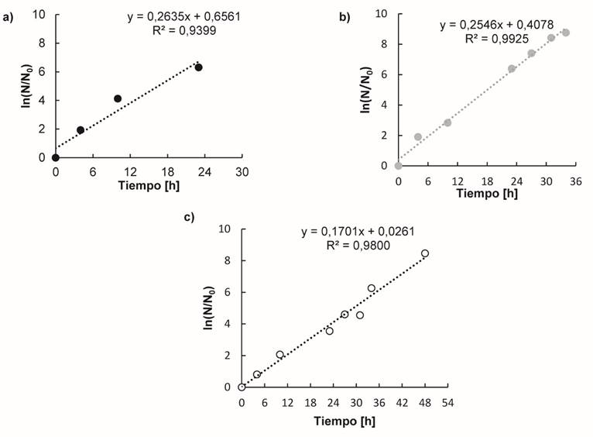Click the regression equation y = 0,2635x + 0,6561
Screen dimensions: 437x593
click(183, 16)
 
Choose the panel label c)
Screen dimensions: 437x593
click(189, 216)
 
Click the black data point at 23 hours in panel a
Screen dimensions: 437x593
click(199, 67)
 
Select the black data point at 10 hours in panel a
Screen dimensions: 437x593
click(118, 98)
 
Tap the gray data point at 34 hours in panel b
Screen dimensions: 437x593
click(566, 33)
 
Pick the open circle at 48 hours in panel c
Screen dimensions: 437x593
click(425, 253)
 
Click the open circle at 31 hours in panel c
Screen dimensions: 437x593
click(360, 315)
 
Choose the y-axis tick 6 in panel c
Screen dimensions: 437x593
click(225, 292)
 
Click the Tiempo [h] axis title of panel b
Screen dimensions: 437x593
click(486, 193)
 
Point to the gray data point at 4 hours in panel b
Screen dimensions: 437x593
click(418, 137)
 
